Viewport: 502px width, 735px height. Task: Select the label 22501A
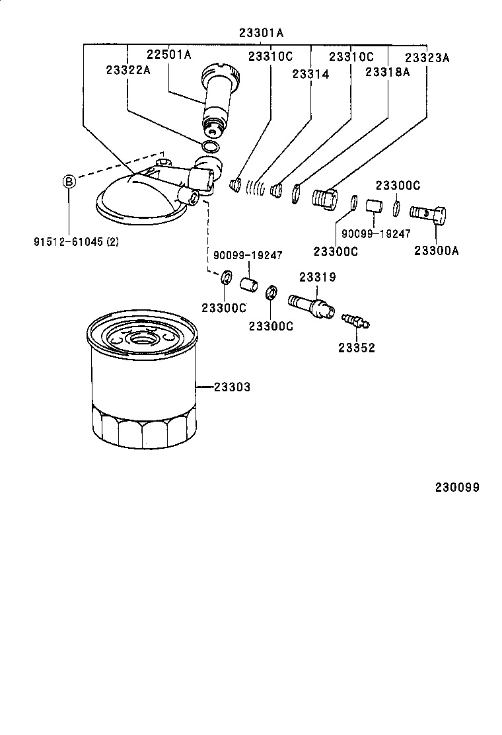168,55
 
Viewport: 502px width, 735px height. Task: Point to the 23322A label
127,69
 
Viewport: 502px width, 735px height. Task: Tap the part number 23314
310,75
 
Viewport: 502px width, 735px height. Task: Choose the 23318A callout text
387,72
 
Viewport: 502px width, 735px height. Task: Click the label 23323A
427,58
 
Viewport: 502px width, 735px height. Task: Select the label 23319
318,278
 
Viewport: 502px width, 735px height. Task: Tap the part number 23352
357,348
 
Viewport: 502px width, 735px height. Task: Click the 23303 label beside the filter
232,387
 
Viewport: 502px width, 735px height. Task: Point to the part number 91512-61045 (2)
77,241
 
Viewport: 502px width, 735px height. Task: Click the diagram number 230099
456,488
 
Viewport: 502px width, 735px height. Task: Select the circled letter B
69,180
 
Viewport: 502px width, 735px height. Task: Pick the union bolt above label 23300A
427,213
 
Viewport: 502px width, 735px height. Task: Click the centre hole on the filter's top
142,340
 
